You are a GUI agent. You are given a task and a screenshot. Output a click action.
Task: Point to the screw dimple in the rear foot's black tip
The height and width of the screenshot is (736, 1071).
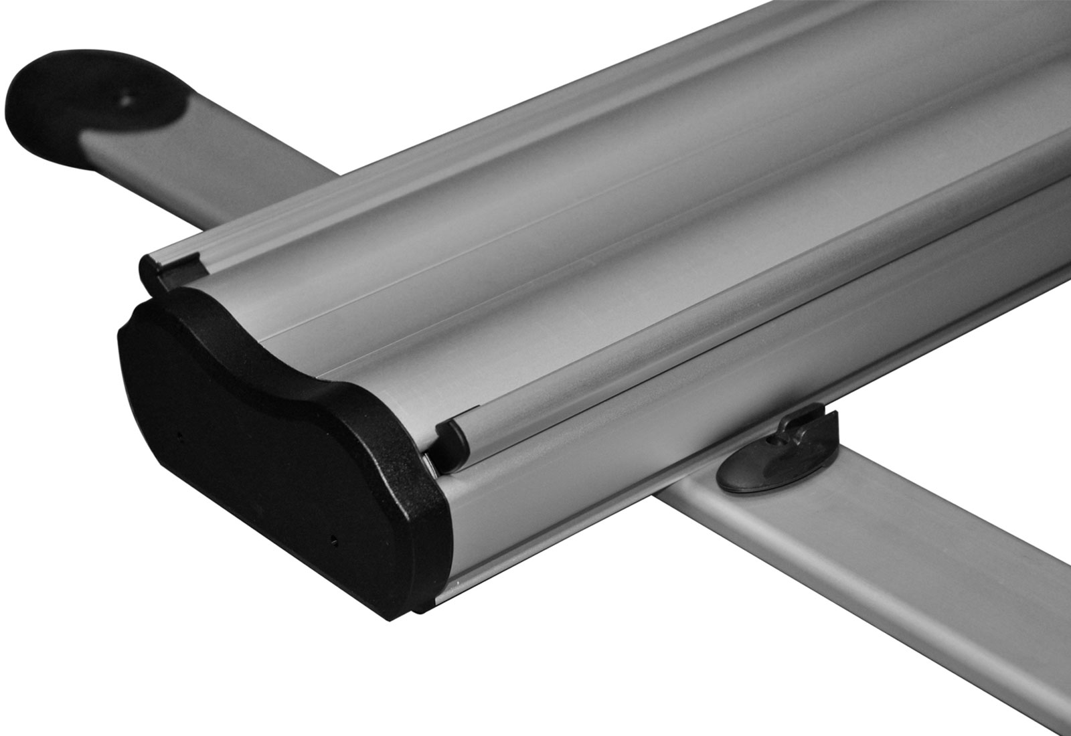click(127, 100)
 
